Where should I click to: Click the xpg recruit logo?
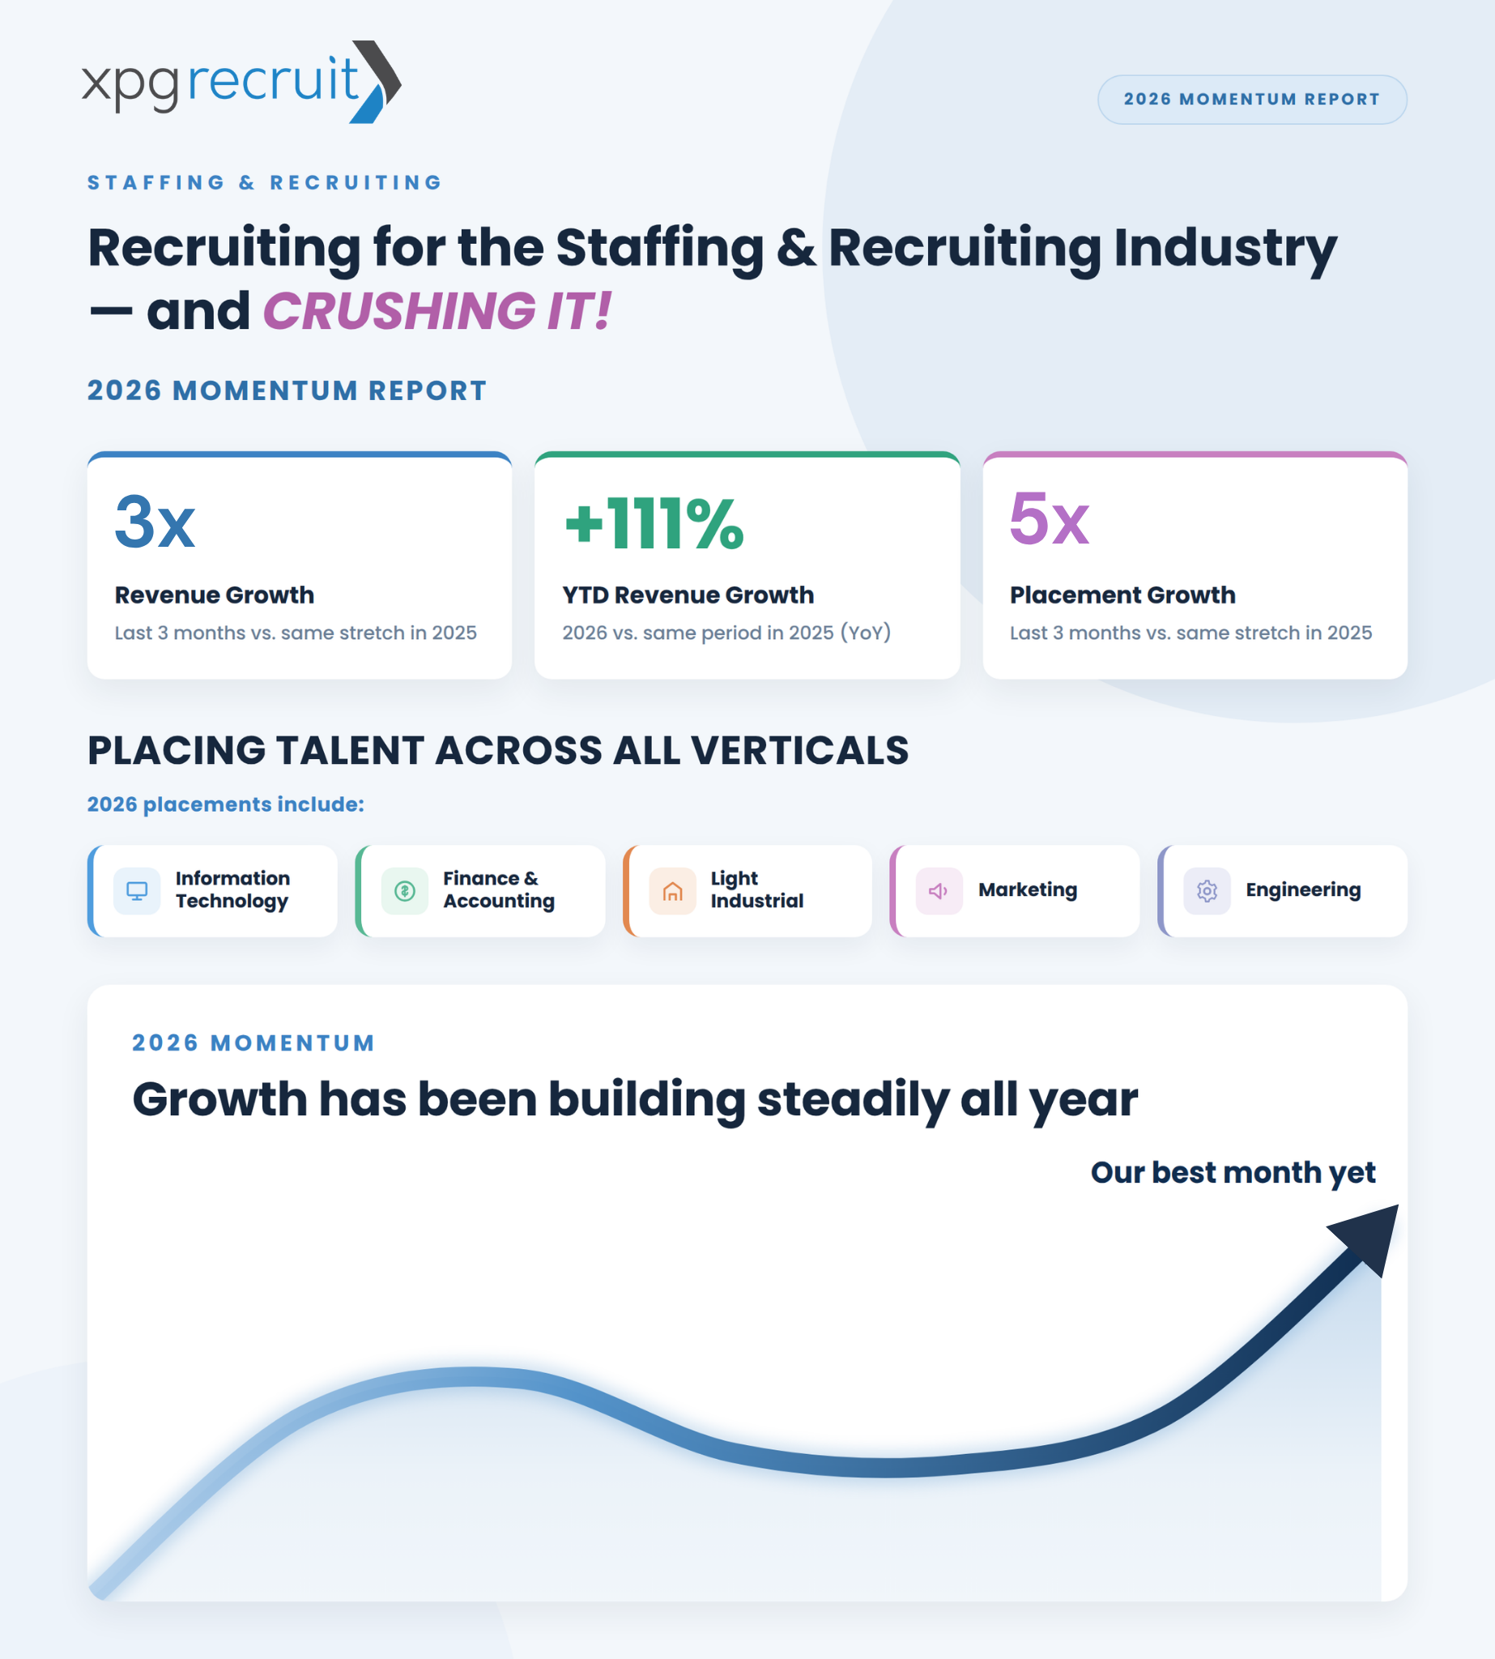click(x=241, y=81)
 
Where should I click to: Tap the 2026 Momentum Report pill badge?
click(x=1252, y=100)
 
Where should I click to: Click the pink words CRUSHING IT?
click(x=437, y=311)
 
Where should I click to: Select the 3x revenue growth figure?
click(x=155, y=522)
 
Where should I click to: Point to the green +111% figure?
click(x=654, y=522)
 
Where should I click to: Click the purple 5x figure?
click(x=1049, y=518)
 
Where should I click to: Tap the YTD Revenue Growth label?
click(x=688, y=595)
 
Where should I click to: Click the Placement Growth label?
click(x=1122, y=595)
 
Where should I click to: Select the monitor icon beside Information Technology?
click(x=137, y=891)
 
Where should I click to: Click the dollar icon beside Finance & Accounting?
click(x=405, y=891)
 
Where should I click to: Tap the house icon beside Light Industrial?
click(x=673, y=891)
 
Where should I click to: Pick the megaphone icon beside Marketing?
click(x=938, y=891)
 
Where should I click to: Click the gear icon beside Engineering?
click(x=1207, y=891)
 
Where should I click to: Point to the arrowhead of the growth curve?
click(x=1368, y=1238)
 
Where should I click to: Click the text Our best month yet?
click(x=1233, y=1172)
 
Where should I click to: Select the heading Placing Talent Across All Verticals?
click(x=498, y=750)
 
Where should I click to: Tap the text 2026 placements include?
click(x=225, y=804)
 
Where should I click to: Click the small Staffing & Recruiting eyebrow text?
click(x=266, y=182)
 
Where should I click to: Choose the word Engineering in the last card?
click(x=1303, y=891)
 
